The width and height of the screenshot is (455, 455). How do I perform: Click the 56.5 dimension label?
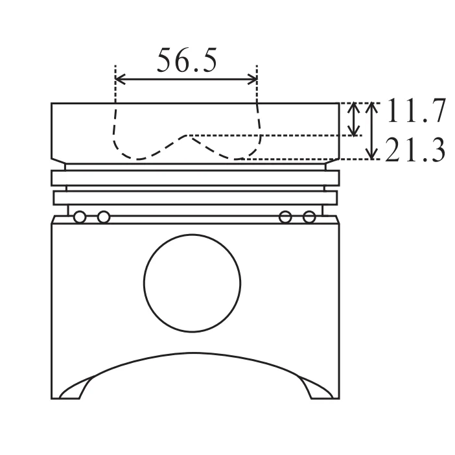pyautogui.click(x=187, y=61)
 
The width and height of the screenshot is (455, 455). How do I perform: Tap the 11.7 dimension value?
pyautogui.click(x=415, y=111)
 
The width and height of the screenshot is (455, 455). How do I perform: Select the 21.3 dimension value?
pyautogui.click(x=415, y=151)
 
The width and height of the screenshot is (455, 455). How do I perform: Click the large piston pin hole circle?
pyautogui.click(x=192, y=284)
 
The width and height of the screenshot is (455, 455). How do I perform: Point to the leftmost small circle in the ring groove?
pyautogui.click(x=80, y=216)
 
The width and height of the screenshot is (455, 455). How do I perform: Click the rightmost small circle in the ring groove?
pyautogui.click(x=310, y=216)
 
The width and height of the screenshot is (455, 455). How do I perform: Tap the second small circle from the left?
pyautogui.click(x=103, y=216)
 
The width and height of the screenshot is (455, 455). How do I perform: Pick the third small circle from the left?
pyautogui.click(x=285, y=216)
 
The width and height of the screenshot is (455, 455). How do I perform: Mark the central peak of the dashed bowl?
pyautogui.click(x=188, y=135)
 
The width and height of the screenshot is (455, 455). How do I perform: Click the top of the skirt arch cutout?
pyautogui.click(x=194, y=354)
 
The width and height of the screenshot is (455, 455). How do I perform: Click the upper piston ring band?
pyautogui.click(x=195, y=177)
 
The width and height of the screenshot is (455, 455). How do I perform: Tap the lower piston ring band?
pyautogui.click(x=195, y=197)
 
